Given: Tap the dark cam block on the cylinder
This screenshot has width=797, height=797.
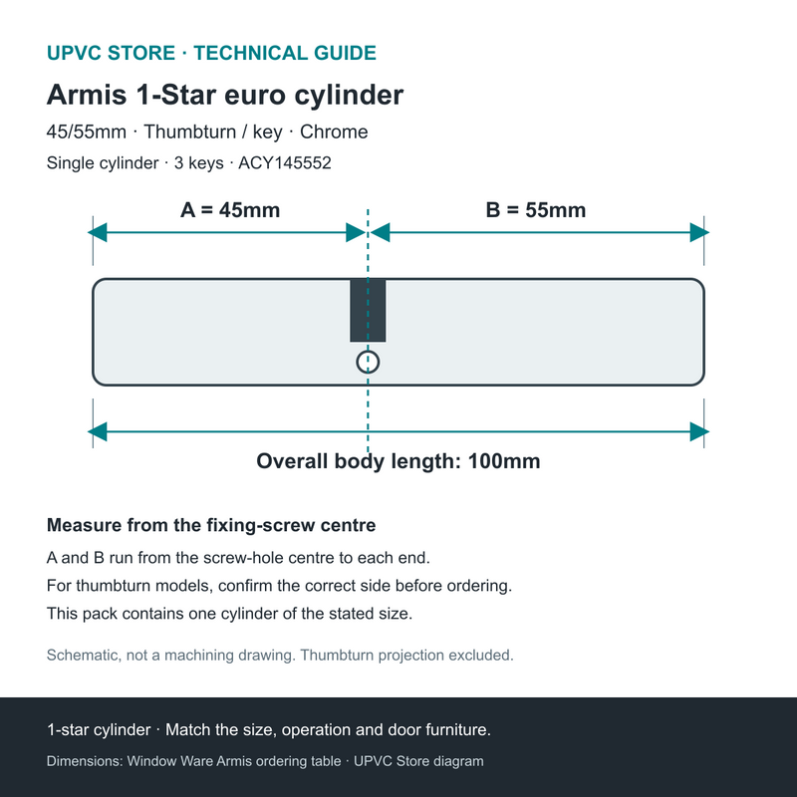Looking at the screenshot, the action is coord(368,310).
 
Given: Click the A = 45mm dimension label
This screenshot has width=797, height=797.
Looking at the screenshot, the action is coord(230,210).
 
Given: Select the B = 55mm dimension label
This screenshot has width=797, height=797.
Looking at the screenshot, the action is coord(536,210).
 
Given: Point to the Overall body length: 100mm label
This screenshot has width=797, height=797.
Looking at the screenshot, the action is coord(398,461).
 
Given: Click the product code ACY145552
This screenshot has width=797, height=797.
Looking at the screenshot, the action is coord(285,163).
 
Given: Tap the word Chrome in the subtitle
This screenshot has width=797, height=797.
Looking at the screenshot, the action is coord(334,132).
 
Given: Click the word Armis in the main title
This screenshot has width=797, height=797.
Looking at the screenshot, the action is coord(87,95).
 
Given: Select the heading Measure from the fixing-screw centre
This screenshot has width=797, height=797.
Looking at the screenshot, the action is coord(211,525).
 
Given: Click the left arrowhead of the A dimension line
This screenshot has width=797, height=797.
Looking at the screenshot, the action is coord(97,233).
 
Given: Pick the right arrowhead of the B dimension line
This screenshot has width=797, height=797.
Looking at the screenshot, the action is coord(699,233).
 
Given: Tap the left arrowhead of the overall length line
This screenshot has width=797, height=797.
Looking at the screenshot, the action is coord(97,432).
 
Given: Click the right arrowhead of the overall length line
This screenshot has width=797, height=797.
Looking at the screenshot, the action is coord(699,432).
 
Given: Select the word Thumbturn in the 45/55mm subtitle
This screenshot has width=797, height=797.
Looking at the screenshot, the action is coord(189,132).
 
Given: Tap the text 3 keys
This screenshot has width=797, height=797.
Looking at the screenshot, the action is coord(198,163).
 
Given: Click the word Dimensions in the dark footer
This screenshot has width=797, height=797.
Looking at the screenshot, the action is coord(85,761).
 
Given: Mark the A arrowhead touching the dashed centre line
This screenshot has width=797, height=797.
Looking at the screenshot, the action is coord(356,233).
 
